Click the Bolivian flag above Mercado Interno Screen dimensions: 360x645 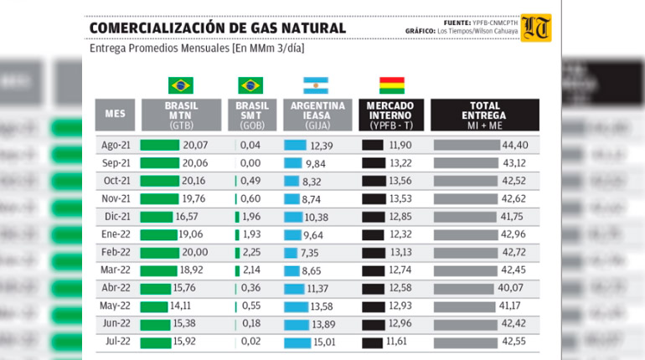(x=391, y=85)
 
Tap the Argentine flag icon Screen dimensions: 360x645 (x=316, y=85)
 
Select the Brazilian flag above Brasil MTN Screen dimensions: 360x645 (x=181, y=85)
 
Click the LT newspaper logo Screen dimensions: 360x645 (x=536, y=28)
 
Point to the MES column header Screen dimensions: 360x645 (x=115, y=114)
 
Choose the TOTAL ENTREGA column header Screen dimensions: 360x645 (x=485, y=115)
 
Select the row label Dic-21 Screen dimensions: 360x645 (x=115, y=216)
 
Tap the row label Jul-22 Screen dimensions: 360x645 (x=115, y=342)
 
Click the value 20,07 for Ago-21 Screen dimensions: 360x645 (x=195, y=146)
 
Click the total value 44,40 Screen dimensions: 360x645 (x=526, y=146)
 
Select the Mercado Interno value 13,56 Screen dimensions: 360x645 (x=400, y=181)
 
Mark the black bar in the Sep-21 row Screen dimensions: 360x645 (x=373, y=163)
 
